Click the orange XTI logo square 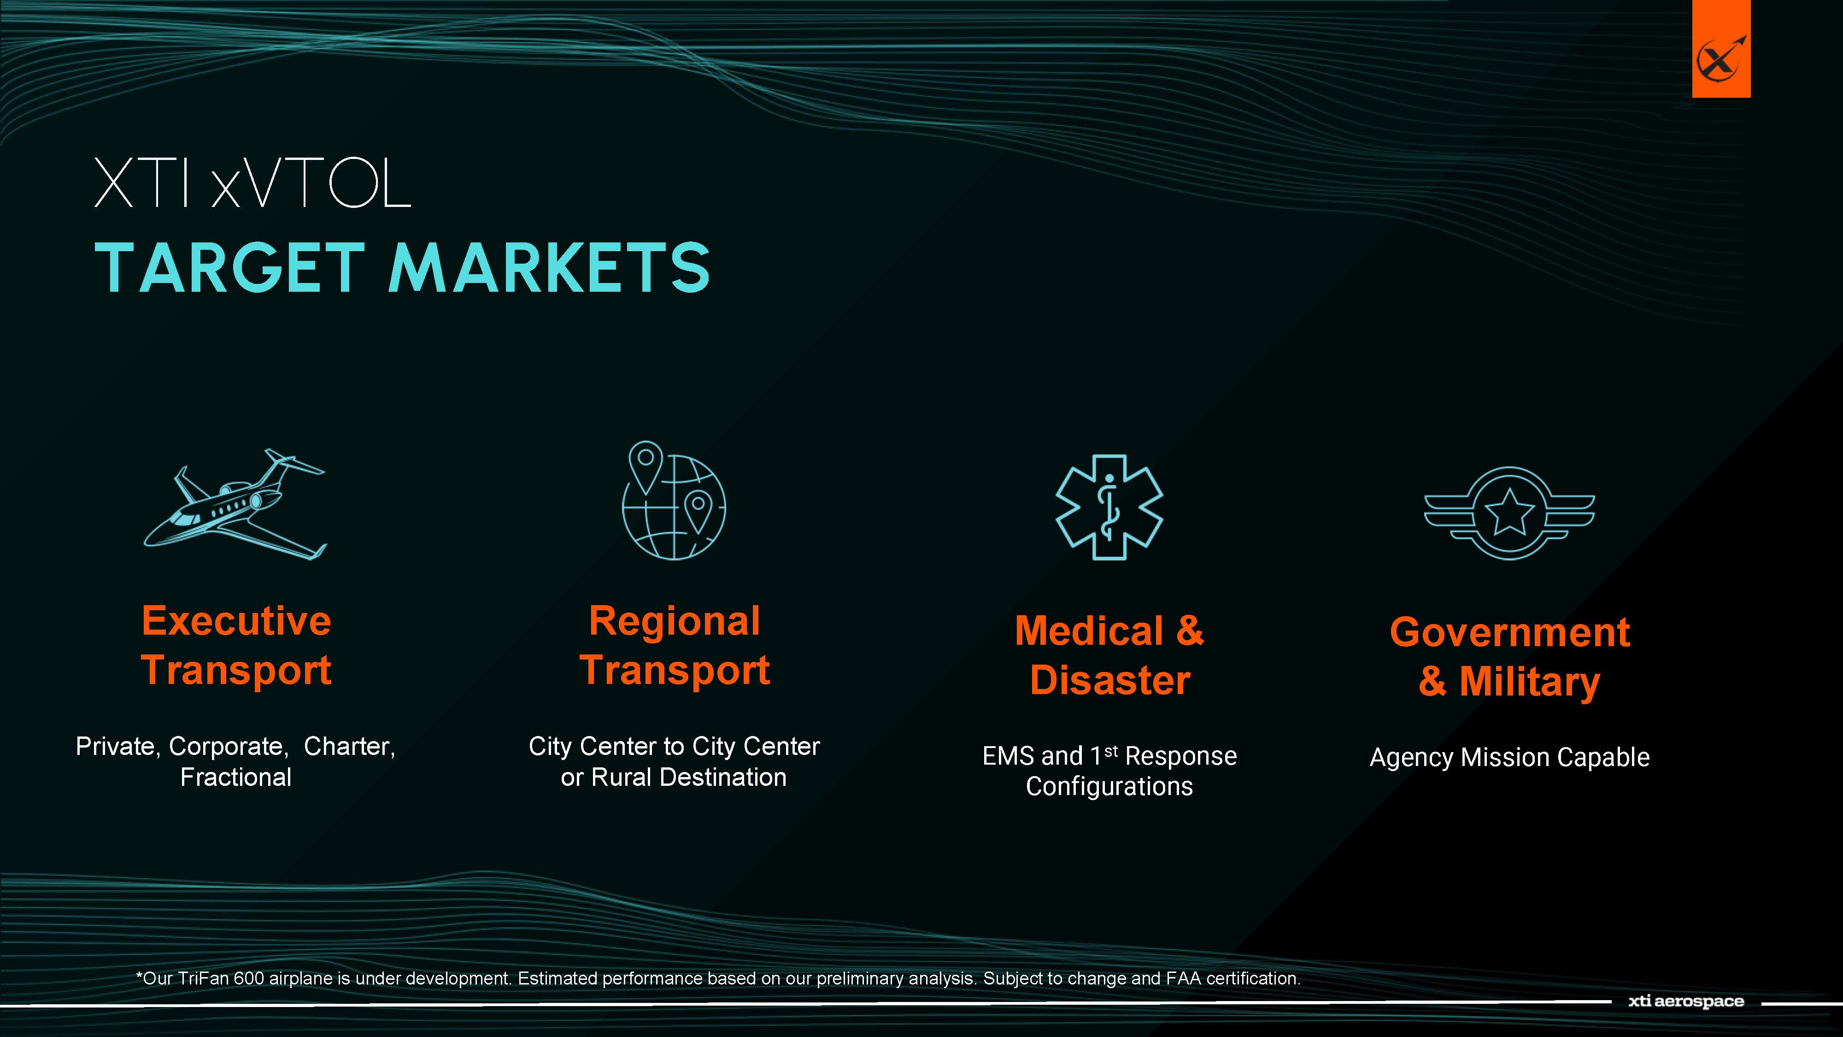[x=1720, y=49]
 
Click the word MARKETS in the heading [x=549, y=268]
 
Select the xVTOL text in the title [x=311, y=183]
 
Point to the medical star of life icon [x=1109, y=507]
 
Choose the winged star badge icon [x=1509, y=513]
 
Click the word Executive [x=236, y=620]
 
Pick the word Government [x=1509, y=632]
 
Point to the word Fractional [x=235, y=777]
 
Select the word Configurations [x=1109, y=787]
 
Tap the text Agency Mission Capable [x=1509, y=757]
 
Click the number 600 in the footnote [x=249, y=978]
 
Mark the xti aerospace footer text [x=1686, y=1001]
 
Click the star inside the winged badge [x=1509, y=512]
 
